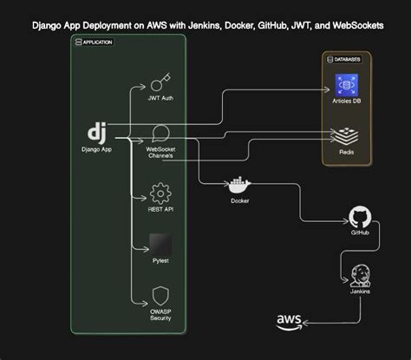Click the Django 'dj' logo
point(97,134)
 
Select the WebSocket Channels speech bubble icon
point(160,134)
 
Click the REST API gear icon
point(160,192)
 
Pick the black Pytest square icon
point(160,244)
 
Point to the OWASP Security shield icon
point(160,295)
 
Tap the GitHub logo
point(359,217)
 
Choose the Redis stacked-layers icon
point(346,134)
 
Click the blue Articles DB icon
point(346,86)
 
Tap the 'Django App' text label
point(97,149)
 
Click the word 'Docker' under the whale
point(239,200)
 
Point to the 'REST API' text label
point(160,208)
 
